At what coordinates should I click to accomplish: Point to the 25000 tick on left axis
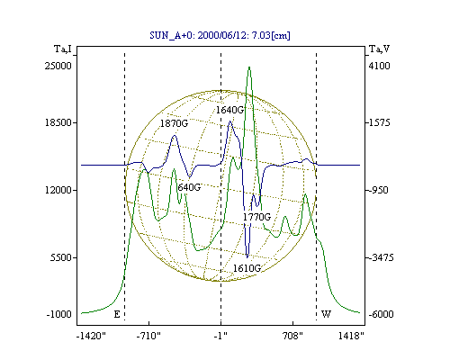click(58, 66)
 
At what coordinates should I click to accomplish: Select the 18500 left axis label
click(58, 122)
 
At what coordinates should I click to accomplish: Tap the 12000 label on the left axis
click(58, 190)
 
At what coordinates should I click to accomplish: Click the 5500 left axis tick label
click(61, 257)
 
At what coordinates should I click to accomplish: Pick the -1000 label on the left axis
click(59, 314)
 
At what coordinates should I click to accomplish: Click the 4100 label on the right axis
click(379, 66)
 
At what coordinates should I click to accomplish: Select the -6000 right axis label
click(381, 314)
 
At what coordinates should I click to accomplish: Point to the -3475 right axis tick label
click(381, 257)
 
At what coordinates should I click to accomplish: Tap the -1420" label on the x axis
click(91, 336)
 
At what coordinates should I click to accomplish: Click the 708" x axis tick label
click(292, 336)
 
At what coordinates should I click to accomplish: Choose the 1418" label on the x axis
click(351, 336)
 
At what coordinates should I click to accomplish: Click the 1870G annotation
click(174, 123)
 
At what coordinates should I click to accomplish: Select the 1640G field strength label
click(230, 110)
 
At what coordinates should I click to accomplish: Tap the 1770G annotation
click(256, 217)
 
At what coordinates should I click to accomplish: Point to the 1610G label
click(247, 268)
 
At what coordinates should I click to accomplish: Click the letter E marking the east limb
click(117, 314)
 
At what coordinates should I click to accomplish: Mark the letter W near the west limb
click(326, 314)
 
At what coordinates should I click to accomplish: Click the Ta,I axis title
click(63, 49)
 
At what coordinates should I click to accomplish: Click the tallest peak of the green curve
click(249, 67)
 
